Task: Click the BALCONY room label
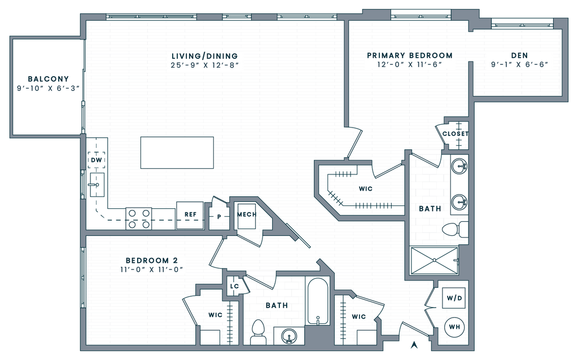point(49,79)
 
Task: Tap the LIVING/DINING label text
point(205,56)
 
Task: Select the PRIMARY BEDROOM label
point(410,55)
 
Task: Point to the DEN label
point(519,55)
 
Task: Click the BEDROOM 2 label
point(152,261)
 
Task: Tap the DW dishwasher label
point(97,161)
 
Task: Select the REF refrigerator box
point(190,215)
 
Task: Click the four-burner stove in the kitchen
point(139,219)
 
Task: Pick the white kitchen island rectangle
point(177,152)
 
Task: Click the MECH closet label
point(246,215)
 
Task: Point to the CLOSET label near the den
point(455,134)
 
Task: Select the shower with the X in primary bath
point(433,260)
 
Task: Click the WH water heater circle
point(454,327)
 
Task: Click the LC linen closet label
point(234,287)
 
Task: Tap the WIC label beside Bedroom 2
point(214,315)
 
